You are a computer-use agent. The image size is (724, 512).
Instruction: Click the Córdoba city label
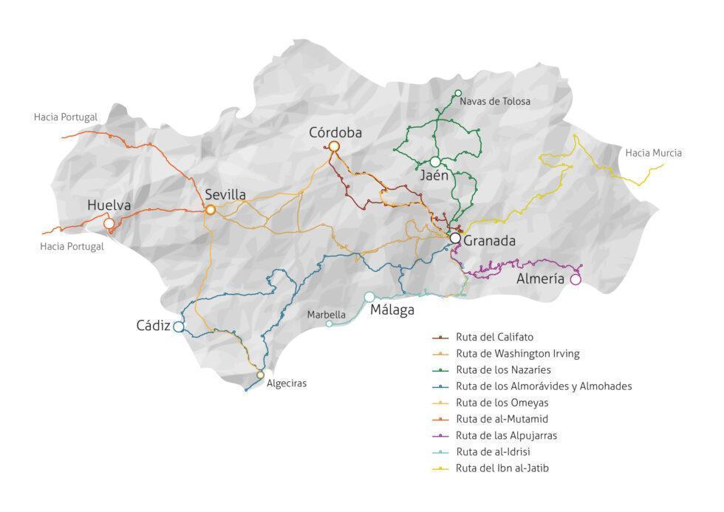click(x=335, y=133)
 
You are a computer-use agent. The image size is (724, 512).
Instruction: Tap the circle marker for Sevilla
click(x=211, y=210)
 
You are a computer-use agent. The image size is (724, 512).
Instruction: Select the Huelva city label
click(x=109, y=205)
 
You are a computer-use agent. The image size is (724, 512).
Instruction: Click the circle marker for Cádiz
click(x=178, y=327)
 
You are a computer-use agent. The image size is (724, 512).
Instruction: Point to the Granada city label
click(x=489, y=241)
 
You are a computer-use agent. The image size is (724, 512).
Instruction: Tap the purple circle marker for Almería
click(x=576, y=279)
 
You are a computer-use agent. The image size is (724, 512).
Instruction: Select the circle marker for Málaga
click(x=369, y=297)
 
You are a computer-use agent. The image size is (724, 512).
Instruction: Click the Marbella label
click(x=327, y=314)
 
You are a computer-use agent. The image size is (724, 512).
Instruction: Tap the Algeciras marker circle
click(x=260, y=375)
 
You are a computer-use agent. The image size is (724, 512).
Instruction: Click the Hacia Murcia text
click(x=653, y=153)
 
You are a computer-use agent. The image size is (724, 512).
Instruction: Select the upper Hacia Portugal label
click(x=65, y=117)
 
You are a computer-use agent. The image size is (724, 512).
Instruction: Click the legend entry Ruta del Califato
click(x=494, y=337)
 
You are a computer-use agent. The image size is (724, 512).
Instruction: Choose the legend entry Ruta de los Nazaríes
click(x=503, y=369)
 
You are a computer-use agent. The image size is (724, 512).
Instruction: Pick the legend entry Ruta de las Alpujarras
click(x=506, y=435)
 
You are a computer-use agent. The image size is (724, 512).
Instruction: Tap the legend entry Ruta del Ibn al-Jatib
click(x=502, y=468)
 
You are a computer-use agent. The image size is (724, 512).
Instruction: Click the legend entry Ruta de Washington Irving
click(x=517, y=353)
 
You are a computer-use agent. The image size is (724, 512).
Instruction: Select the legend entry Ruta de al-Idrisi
click(x=494, y=451)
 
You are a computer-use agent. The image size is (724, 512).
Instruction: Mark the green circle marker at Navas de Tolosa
click(x=458, y=93)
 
